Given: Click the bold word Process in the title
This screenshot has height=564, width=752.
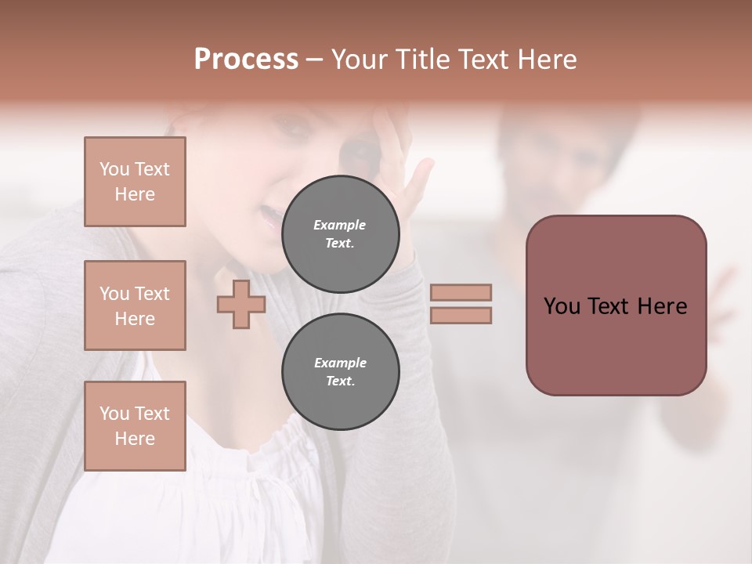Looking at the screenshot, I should tap(246, 60).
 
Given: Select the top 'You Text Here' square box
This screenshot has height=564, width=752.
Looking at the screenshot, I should tap(135, 182).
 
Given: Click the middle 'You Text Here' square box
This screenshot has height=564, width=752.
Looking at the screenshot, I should tap(135, 305).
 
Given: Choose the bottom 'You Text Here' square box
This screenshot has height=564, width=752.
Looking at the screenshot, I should tap(135, 425).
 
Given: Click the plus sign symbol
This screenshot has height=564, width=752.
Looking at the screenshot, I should tap(241, 304).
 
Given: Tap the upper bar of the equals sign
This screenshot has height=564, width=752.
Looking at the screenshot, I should tap(461, 292).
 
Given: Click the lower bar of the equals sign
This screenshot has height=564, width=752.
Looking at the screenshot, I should tap(461, 315).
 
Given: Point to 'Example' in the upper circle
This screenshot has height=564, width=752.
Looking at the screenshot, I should tap(340, 225).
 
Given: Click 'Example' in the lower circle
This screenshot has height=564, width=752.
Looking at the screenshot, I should tap(340, 363).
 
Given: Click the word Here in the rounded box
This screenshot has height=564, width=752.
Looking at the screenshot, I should tap(662, 306).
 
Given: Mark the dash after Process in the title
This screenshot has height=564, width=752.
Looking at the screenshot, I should tap(315, 60).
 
